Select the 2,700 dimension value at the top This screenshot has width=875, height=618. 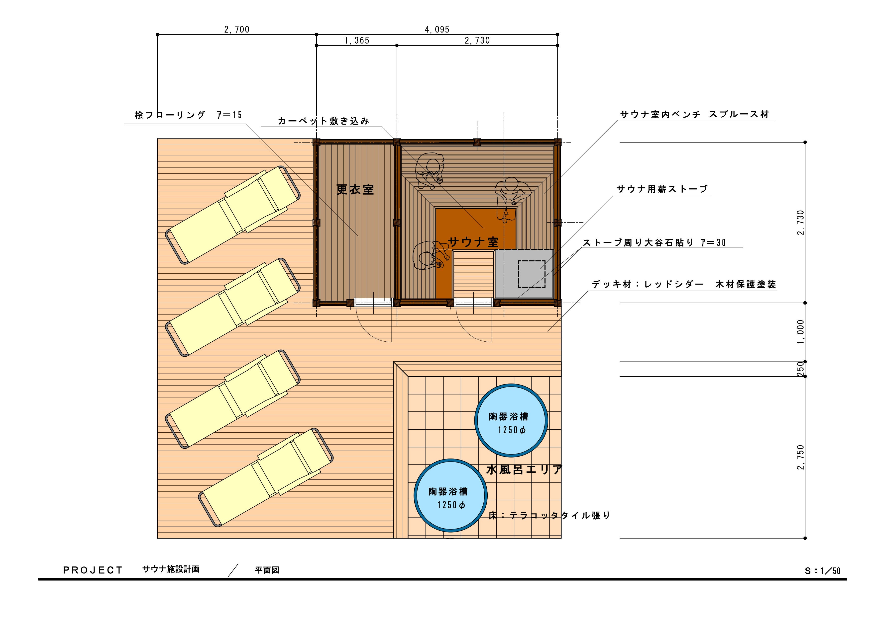(237, 29)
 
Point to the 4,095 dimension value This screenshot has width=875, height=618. (437, 29)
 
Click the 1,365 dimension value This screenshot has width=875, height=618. (357, 40)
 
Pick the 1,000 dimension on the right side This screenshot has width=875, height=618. (801, 332)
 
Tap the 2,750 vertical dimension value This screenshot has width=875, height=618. (801, 457)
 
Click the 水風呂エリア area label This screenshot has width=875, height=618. (524, 469)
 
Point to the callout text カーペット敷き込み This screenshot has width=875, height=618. (324, 121)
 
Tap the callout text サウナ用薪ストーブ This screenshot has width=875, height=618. (662, 189)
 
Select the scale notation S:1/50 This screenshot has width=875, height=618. (822, 571)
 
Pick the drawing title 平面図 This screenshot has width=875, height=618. (267, 570)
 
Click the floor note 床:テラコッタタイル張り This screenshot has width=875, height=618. (549, 516)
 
